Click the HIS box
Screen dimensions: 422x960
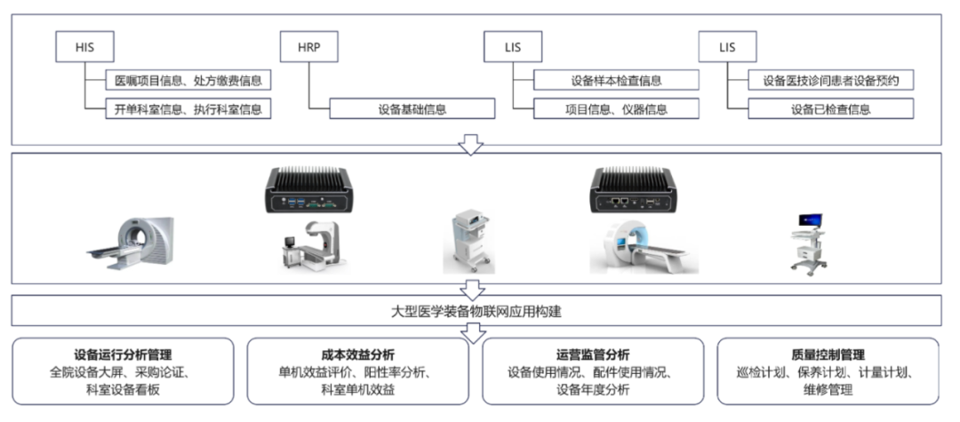click(84, 47)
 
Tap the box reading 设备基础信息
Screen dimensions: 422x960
click(412, 109)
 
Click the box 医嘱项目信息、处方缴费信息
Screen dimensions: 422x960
click(188, 80)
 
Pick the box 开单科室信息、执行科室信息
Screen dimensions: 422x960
click(188, 109)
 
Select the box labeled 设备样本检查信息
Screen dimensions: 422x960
click(616, 80)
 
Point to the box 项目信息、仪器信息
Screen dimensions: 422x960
click(616, 109)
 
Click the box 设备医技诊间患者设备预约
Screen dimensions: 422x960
click(831, 80)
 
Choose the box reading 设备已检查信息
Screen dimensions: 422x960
click(831, 109)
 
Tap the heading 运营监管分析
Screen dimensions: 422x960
click(593, 354)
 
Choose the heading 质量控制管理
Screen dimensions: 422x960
click(828, 354)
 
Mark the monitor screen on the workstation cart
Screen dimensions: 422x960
click(812, 219)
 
